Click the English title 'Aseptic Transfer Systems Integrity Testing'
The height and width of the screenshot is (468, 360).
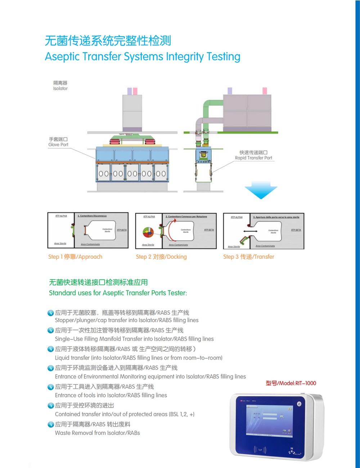[x=143, y=57]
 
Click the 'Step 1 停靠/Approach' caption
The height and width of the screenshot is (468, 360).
[x=75, y=257]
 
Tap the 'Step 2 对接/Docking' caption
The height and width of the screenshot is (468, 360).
[x=161, y=257]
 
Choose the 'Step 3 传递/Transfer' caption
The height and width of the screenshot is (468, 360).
[x=248, y=257]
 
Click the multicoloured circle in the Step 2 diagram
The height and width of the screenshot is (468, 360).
[x=148, y=232]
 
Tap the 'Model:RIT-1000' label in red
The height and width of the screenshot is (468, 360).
[x=291, y=383]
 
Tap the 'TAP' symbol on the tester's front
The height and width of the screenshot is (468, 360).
[x=260, y=450]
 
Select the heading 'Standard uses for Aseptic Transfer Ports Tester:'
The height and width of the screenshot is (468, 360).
[x=118, y=293]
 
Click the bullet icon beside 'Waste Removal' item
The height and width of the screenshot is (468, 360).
[x=51, y=424]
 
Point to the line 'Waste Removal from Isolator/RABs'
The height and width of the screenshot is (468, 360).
[x=97, y=433]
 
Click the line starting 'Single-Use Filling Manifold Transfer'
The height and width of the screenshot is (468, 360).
[x=134, y=339]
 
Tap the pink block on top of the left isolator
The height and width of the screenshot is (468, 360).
[x=135, y=91]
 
